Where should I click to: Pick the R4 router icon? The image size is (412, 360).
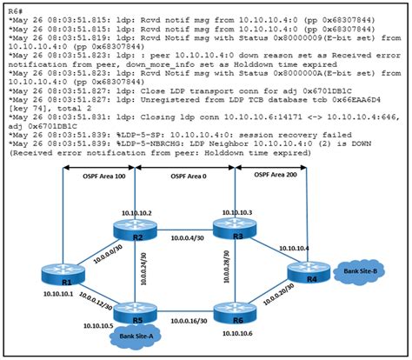[x=304, y=272]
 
